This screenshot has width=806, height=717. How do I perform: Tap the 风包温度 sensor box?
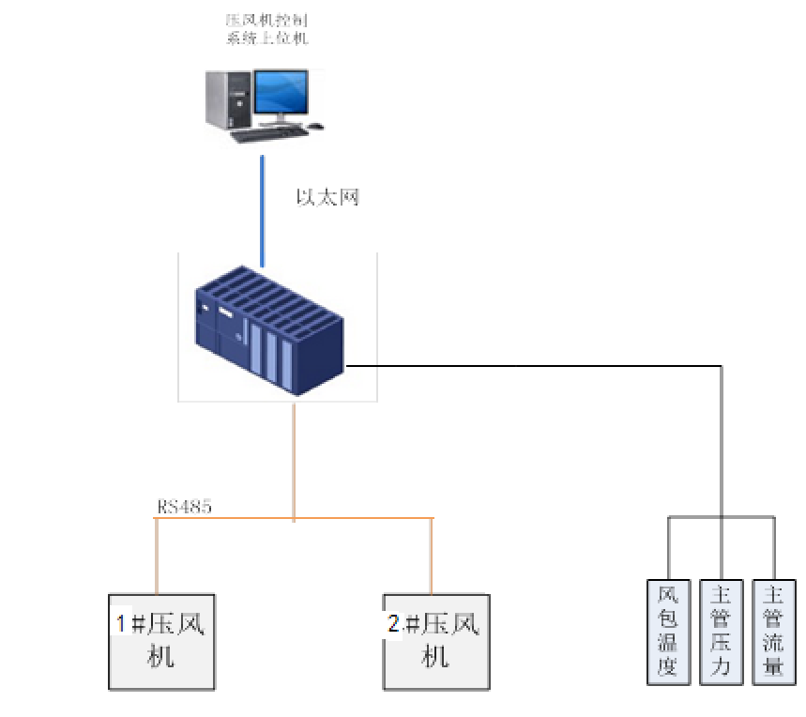click(668, 631)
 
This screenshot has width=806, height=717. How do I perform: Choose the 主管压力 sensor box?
click(721, 631)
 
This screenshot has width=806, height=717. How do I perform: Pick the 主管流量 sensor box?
click(774, 631)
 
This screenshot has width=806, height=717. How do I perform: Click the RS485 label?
click(184, 508)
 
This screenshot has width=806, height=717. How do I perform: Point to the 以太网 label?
click(327, 197)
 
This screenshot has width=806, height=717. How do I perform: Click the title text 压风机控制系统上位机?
click(267, 29)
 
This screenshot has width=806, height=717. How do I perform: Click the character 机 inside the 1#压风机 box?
click(161, 656)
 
